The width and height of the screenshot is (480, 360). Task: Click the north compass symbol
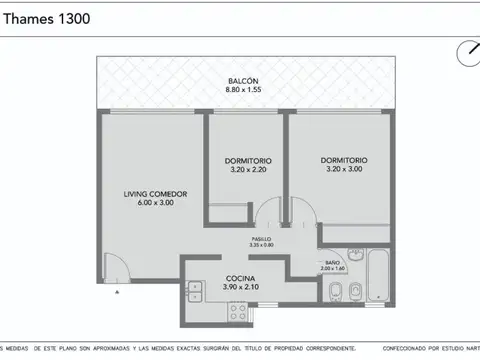tap(467, 51)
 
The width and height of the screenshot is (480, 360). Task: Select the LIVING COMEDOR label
tap(156, 193)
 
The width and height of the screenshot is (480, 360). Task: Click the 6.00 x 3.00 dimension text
tap(156, 204)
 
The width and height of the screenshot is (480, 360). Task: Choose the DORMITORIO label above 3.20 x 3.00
tap(344, 160)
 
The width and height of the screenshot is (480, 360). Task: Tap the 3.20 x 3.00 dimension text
tap(344, 171)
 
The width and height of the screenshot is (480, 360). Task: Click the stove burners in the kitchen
tap(239, 309)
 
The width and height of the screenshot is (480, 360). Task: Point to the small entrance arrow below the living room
tap(117, 292)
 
